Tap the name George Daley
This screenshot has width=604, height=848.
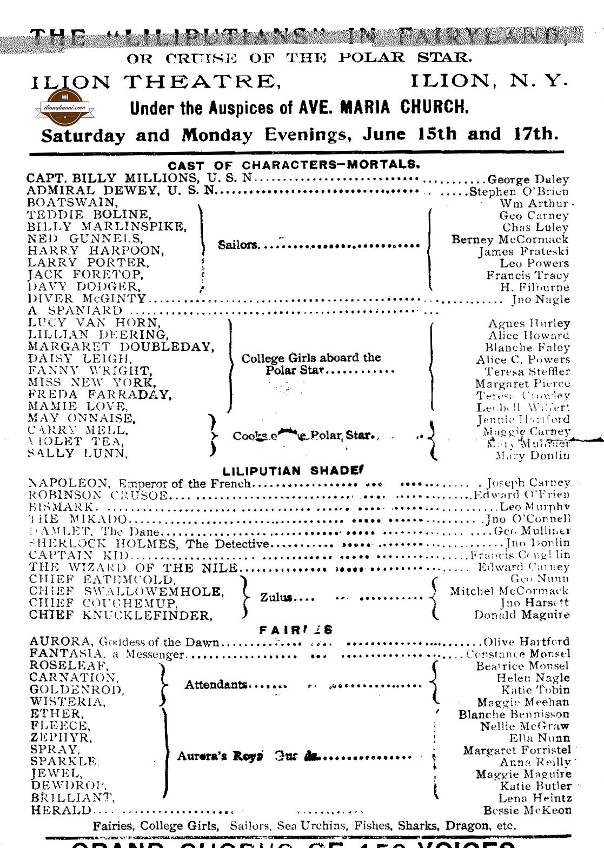tap(528, 179)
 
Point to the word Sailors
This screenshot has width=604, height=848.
tap(238, 245)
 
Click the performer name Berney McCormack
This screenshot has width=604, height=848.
tap(510, 239)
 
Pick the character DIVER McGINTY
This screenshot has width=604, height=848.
tap(87, 299)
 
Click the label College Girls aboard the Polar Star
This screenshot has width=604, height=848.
tap(311, 364)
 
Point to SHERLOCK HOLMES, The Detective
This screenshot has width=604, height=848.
tap(149, 544)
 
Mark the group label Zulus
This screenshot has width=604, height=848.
tap(276, 598)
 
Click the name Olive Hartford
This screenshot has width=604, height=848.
tap(526, 642)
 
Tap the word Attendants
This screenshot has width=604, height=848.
tap(216, 685)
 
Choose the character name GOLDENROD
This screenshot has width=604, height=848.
tap(77, 690)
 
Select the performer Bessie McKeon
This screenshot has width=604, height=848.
tap(527, 810)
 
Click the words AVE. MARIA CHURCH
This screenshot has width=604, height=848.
tap(383, 107)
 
